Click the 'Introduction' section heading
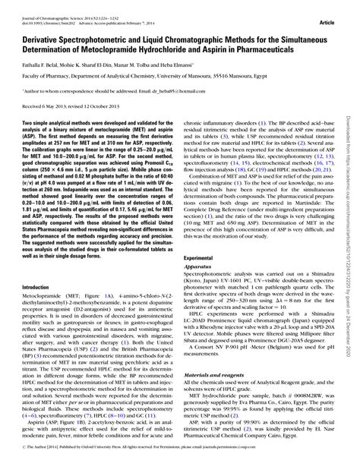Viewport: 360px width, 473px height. coord(36,266)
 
